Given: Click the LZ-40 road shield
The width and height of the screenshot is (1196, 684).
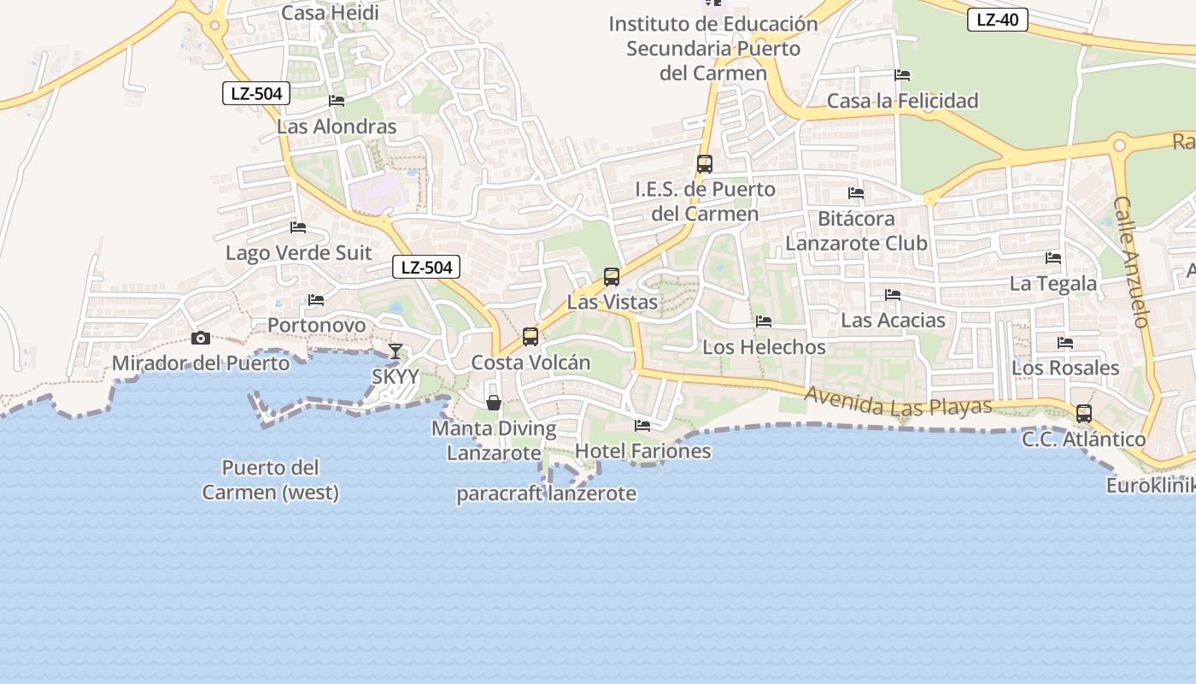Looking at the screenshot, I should (x=997, y=20).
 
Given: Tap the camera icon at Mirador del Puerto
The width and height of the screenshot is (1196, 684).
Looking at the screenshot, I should (x=201, y=338).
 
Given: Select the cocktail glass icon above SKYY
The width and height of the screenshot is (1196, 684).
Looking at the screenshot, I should (x=396, y=351).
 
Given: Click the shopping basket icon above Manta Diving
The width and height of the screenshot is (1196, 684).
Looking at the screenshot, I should (x=494, y=402).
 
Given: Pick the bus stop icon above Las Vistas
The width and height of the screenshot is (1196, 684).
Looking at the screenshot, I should (x=612, y=277).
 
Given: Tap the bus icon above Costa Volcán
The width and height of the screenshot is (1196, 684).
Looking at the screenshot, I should (x=531, y=337).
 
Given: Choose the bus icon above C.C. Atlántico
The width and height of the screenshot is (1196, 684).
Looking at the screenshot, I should (x=1084, y=414).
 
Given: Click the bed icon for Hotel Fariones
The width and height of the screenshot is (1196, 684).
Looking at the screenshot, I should (x=642, y=425).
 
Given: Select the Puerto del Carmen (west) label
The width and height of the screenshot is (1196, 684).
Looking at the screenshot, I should (x=271, y=480).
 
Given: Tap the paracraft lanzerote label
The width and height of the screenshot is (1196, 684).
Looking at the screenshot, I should (x=546, y=493).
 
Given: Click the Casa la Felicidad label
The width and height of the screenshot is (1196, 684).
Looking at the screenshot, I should (x=902, y=101).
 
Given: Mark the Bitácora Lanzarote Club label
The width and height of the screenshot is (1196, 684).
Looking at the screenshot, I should (x=856, y=231).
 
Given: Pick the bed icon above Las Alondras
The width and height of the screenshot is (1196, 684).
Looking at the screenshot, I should (x=337, y=101).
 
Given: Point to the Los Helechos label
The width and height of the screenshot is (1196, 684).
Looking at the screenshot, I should (x=764, y=347).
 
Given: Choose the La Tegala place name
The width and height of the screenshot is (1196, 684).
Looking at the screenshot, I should (x=1053, y=283).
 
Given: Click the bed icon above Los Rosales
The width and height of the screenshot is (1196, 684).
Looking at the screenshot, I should (x=1065, y=343).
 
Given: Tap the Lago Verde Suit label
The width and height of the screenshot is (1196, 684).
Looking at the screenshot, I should (x=299, y=253).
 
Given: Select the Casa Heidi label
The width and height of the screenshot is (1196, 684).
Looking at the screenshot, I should (x=330, y=13).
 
